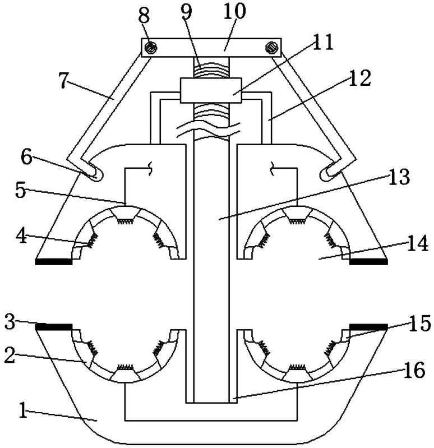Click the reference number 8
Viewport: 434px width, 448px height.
(x=144, y=16)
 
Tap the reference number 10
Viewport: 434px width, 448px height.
(x=234, y=11)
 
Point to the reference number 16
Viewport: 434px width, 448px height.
(x=414, y=370)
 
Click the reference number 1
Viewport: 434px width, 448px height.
(x=24, y=410)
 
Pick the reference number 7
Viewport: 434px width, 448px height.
(x=65, y=80)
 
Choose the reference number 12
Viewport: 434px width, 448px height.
(x=360, y=78)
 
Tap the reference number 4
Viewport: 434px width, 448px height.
(x=21, y=235)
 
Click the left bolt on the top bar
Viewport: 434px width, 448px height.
(x=151, y=48)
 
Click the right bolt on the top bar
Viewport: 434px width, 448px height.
(x=272, y=48)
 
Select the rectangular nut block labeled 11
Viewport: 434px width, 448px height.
(x=211, y=90)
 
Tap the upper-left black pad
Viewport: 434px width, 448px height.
(x=54, y=262)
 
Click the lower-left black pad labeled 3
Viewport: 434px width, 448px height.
(x=54, y=327)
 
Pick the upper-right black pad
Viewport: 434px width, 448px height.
(x=368, y=262)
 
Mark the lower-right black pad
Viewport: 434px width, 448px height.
(x=368, y=327)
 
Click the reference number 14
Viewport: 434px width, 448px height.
(x=418, y=243)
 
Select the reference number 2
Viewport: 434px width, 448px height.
(x=10, y=355)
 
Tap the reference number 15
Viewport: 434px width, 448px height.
(x=419, y=324)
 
